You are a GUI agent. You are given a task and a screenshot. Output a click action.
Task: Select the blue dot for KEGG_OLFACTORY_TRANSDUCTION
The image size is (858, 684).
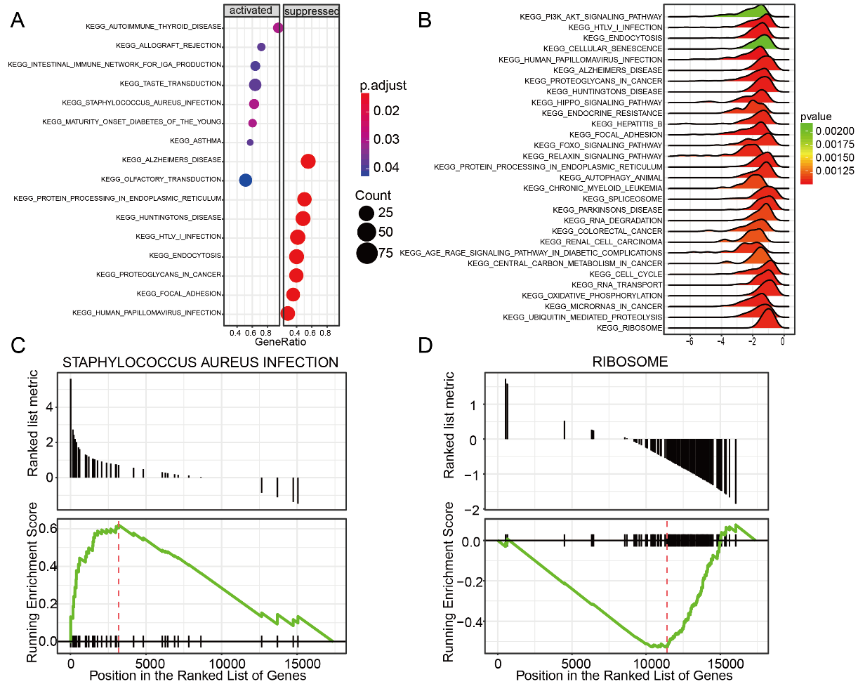pyautogui.click(x=245, y=180)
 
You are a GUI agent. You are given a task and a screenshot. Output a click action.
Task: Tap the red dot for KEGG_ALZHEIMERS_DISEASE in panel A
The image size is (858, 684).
pyautogui.click(x=308, y=161)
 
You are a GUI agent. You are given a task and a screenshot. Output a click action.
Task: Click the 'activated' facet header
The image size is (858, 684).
pyautogui.click(x=251, y=11)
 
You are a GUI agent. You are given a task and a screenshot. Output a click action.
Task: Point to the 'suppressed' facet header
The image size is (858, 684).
pyautogui.click(x=312, y=11)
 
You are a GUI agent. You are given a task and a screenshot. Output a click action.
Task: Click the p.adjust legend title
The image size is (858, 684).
pyautogui.click(x=383, y=86)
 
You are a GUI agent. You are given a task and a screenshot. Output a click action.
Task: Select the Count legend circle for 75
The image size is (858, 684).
pyautogui.click(x=366, y=253)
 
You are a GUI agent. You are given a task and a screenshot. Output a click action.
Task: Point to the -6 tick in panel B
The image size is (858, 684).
pyautogui.click(x=690, y=341)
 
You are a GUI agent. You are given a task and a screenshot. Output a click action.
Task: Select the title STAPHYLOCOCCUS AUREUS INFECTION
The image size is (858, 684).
pyautogui.click(x=200, y=362)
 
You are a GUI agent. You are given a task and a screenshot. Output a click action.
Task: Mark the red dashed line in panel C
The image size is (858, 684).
pyautogui.click(x=119, y=583)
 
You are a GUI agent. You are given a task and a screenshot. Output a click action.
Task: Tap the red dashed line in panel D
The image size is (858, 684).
pyautogui.click(x=667, y=583)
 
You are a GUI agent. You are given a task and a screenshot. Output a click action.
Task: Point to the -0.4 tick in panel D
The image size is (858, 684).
pyautogui.click(x=475, y=621)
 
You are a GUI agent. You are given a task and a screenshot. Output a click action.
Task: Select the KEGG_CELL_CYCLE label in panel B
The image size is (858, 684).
pyautogui.click(x=626, y=274)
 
